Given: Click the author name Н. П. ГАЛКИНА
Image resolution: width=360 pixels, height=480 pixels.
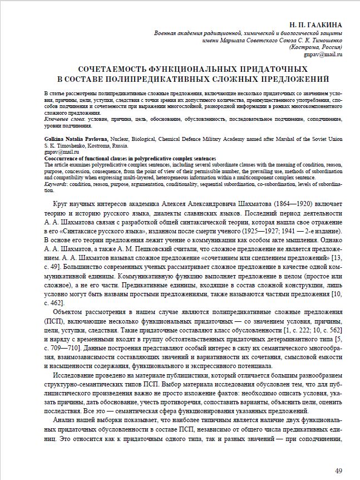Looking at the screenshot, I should click(x=315, y=26).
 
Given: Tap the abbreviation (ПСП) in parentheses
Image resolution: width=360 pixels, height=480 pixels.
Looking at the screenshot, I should click(x=52, y=323).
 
